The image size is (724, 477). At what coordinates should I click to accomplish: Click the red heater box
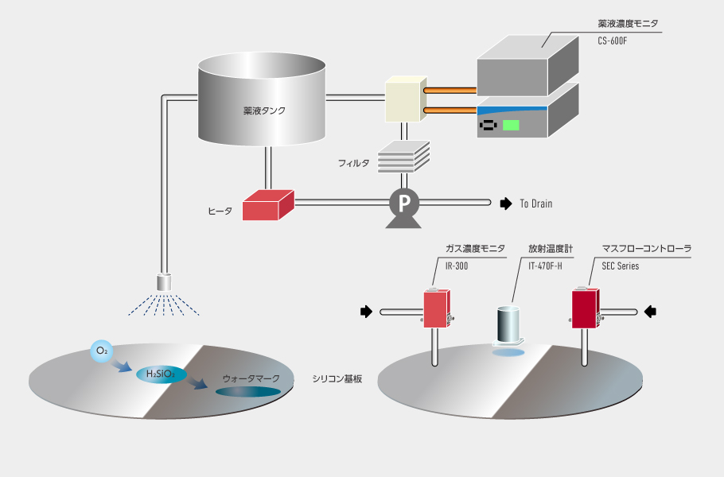267,206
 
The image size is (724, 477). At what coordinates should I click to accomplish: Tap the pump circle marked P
404,204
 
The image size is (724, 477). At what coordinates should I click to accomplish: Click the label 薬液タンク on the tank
264,111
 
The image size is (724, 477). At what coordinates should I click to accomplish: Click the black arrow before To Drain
505,204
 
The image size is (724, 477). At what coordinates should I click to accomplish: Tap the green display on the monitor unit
511,125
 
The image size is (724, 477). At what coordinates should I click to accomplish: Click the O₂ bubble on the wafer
102,351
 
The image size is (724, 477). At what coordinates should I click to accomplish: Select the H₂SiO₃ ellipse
156,374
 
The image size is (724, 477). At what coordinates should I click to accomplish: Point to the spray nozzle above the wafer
165,281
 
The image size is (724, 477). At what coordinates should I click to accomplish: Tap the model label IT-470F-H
545,266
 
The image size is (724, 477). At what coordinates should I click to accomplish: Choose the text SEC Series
621,266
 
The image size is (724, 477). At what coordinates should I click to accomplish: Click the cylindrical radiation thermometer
507,326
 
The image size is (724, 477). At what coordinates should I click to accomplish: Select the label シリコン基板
337,378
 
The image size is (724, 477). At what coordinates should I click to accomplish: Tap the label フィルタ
354,163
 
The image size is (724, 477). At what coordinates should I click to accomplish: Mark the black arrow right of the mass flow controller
650,311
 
